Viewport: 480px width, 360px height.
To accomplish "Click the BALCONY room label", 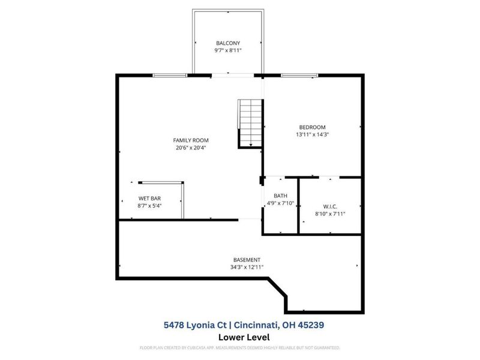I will coord(227,43).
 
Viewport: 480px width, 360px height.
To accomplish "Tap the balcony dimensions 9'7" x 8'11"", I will coord(227,51).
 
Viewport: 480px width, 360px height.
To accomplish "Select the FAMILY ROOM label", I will coord(191,140).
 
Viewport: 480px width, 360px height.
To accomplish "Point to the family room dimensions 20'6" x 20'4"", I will coord(191,148).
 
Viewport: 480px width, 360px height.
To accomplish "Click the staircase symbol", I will coord(250,123).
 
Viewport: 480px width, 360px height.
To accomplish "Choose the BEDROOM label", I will coord(312,127).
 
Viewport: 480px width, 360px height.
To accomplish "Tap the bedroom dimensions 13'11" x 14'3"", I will coord(312,134).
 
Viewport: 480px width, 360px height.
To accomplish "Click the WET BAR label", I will coord(149,199).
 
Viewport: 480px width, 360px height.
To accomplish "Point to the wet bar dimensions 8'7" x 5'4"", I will coord(149,206).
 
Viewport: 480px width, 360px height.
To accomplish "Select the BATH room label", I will coord(280,196).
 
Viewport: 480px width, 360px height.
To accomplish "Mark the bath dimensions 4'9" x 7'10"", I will coord(280,203).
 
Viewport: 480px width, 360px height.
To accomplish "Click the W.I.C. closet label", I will coord(330,206).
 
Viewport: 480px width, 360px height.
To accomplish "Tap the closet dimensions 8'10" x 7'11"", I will coord(330,214).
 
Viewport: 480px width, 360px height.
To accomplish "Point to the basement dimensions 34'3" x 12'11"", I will coord(247,267).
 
